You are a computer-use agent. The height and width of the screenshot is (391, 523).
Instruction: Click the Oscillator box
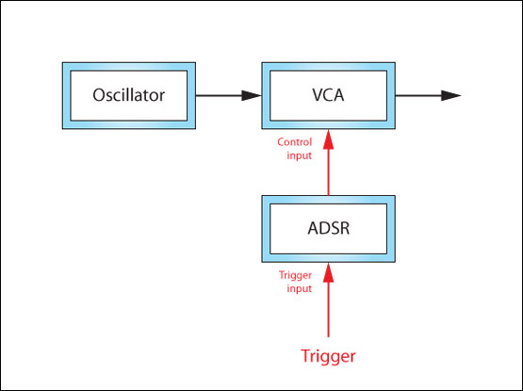tap(129, 95)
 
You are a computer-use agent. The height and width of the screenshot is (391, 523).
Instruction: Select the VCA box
tap(329, 95)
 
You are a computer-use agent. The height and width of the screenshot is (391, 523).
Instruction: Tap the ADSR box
tap(329, 229)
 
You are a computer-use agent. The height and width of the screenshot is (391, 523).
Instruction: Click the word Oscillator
tap(129, 95)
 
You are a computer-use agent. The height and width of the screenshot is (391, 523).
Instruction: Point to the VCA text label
tap(328, 95)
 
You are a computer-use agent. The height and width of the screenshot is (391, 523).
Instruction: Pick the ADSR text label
tap(329, 229)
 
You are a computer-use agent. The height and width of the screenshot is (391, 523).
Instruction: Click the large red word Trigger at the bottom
tap(328, 356)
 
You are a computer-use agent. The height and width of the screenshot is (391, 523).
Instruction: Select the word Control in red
tap(295, 142)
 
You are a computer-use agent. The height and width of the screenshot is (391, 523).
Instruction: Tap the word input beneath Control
tap(299, 155)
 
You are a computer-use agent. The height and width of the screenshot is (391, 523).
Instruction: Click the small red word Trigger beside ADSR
tap(296, 275)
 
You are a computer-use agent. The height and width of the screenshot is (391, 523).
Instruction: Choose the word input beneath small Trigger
tap(299, 288)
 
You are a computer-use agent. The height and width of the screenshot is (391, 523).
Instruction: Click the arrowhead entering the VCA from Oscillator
tap(252, 95)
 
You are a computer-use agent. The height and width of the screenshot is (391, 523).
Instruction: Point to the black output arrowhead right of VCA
tap(451, 95)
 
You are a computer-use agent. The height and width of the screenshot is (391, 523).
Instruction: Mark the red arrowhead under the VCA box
tap(329, 139)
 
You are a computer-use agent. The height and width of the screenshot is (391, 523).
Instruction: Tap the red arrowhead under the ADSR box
tap(329, 272)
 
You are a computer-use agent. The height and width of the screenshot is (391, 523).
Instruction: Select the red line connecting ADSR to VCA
tap(329, 162)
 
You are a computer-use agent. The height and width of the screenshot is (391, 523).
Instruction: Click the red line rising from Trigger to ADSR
tap(329, 300)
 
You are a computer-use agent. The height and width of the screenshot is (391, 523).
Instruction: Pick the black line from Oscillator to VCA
tap(229, 95)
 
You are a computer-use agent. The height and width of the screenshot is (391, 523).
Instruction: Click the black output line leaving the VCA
tap(428, 95)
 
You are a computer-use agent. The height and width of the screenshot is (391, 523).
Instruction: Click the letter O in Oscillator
tap(99, 95)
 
